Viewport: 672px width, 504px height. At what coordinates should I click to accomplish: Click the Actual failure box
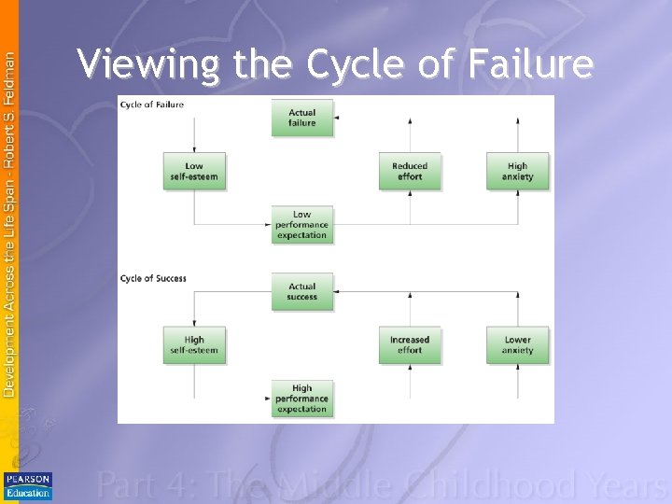pos(301,118)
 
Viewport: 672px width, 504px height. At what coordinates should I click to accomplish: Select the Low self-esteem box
pos(194,172)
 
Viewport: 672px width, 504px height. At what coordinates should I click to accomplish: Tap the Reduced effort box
pos(410,172)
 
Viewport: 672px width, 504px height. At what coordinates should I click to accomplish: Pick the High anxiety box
pos(518,172)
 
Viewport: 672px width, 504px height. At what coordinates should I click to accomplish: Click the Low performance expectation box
pos(301,225)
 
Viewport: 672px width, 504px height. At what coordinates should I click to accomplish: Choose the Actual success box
pos(301,291)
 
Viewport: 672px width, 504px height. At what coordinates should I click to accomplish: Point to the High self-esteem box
pos(194,344)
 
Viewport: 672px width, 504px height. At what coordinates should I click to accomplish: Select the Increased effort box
pos(410,344)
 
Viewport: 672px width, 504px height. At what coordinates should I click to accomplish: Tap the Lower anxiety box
pos(518,344)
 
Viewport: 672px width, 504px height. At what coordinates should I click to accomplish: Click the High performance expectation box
pos(301,399)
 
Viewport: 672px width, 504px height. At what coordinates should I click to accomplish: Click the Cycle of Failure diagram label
pos(152,105)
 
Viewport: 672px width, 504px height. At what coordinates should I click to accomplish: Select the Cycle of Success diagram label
pos(153,278)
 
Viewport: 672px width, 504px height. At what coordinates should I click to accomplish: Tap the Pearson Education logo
pos(28,486)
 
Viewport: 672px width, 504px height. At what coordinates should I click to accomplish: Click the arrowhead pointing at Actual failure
pos(337,118)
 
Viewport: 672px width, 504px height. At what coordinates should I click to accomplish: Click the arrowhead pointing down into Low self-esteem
pos(194,148)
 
